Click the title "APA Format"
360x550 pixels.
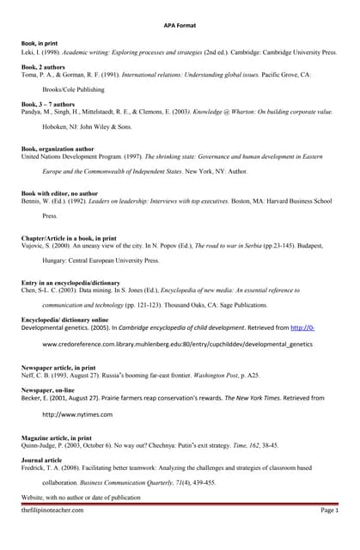180,26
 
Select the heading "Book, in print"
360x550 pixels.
40,43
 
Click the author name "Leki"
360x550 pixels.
29,51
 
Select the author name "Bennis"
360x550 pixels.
32,201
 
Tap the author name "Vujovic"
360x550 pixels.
34,245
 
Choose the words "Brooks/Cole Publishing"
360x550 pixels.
78,89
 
